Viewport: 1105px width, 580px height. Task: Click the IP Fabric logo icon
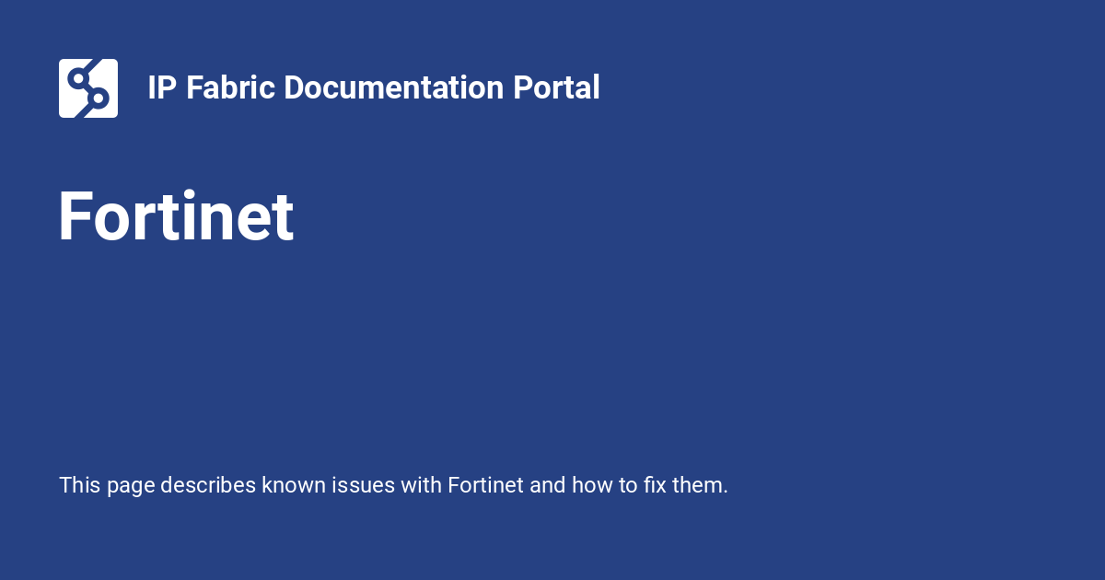pos(88,88)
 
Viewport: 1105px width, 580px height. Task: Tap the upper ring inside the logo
pos(78,78)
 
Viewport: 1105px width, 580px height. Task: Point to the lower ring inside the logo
pos(99,98)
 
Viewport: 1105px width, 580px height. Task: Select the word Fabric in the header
pos(230,87)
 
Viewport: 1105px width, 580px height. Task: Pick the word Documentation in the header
pos(394,87)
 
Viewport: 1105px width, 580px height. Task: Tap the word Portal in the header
pos(556,87)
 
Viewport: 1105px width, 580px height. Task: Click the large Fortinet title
pos(176,216)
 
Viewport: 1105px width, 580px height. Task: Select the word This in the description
pos(80,485)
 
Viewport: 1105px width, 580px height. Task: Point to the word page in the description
pos(131,487)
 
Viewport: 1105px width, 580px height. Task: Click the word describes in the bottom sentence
pos(208,485)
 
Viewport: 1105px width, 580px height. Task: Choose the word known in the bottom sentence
pos(294,485)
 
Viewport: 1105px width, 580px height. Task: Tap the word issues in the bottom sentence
pos(363,485)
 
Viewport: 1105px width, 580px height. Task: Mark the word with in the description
pos(421,485)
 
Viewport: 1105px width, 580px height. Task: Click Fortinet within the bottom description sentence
pos(485,485)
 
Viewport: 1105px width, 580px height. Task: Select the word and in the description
pos(548,485)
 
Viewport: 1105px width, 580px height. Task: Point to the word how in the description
pos(592,485)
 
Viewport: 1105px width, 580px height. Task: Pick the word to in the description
pos(628,485)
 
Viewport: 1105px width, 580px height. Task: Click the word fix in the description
pos(655,485)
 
